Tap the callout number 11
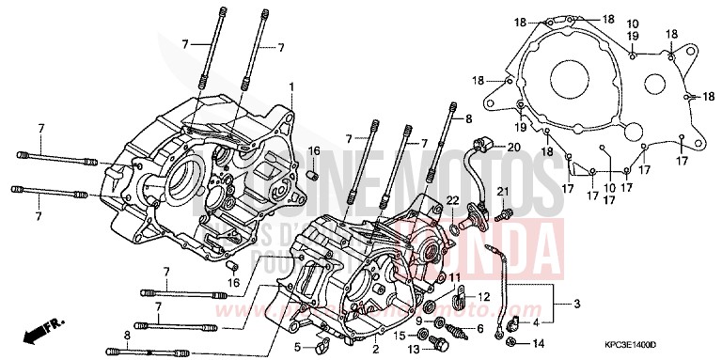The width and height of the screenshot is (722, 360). click(454, 277)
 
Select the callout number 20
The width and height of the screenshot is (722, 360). click(512, 148)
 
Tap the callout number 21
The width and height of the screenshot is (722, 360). click(502, 193)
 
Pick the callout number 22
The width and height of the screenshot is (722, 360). click(452, 200)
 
